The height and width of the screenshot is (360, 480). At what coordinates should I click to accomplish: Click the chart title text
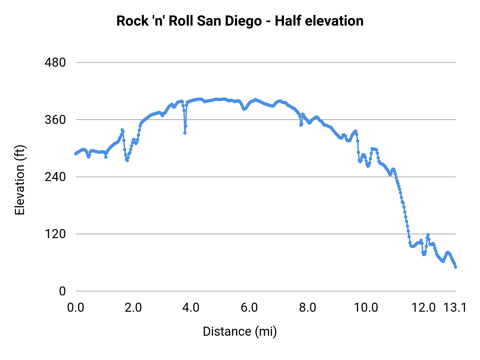tap(240, 21)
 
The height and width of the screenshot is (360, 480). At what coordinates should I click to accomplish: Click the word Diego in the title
tap(243, 21)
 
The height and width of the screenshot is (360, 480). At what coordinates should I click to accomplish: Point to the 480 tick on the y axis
tap(55, 63)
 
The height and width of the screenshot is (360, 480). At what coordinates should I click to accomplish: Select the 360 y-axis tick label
tap(55, 120)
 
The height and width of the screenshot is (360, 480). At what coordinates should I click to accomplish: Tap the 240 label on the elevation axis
tap(55, 177)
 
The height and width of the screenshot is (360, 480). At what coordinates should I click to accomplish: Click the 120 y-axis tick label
tap(55, 234)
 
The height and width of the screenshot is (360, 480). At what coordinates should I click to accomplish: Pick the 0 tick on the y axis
tap(62, 291)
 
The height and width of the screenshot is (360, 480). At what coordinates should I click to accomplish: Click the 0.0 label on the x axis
tap(75, 308)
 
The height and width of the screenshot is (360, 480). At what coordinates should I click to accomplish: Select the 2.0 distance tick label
tap(133, 308)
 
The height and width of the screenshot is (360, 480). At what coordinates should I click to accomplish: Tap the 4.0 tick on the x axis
tap(191, 308)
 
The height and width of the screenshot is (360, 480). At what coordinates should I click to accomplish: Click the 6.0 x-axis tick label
tap(249, 308)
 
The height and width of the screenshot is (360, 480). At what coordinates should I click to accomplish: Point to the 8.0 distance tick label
tap(307, 308)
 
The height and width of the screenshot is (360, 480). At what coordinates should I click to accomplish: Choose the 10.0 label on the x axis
tap(366, 308)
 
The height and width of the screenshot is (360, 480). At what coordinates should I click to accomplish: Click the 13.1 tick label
tap(455, 308)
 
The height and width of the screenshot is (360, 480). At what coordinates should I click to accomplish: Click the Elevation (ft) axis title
tap(20, 180)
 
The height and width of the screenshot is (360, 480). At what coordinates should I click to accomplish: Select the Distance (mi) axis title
tap(240, 331)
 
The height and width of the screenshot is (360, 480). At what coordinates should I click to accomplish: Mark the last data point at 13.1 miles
tap(455, 267)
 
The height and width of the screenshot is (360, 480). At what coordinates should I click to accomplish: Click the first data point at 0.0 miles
tap(76, 154)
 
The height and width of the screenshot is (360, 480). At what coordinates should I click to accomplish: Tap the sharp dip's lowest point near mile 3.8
tap(185, 133)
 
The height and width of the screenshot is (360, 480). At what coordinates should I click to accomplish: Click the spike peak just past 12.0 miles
tap(428, 235)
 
